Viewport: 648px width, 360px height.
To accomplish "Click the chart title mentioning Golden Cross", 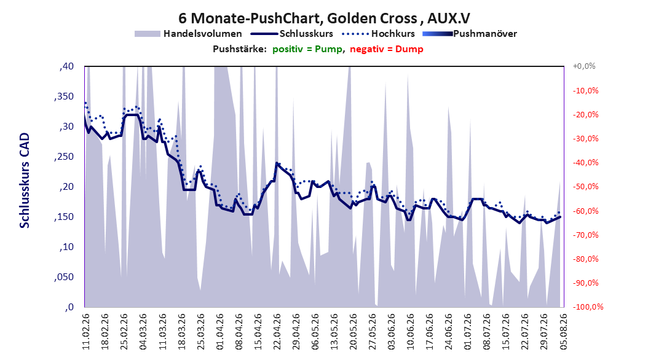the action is pos(325,18).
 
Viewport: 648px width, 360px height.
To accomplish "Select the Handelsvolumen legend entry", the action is pos(188,34).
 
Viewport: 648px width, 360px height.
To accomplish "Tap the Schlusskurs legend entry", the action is pos(292,34).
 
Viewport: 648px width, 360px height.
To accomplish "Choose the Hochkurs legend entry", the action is pos(378,34).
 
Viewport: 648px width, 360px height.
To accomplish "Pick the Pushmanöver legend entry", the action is pos(470,34).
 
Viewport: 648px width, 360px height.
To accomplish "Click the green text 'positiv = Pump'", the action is pos(307,49).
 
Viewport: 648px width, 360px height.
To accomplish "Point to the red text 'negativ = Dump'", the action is pos(387,49).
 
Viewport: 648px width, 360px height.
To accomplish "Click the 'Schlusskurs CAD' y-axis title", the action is pos(25,181).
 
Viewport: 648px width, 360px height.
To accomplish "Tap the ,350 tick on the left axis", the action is pos(64,96).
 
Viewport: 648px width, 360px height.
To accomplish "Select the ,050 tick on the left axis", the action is pos(64,277).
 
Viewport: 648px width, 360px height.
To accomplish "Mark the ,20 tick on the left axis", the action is pos(66,187).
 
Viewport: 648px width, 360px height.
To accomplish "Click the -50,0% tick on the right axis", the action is pos(585,187).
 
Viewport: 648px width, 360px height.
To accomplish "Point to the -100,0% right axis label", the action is pos(588,307).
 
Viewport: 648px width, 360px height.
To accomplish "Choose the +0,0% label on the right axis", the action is pos(584,66).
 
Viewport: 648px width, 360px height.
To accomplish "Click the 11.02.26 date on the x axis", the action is pos(86,332).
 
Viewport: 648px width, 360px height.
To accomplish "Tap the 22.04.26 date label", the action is pos(277,332).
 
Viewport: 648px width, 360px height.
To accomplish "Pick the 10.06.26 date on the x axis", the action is pos(410,332).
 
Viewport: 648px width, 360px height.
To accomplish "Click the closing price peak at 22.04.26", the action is pos(277,163).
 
